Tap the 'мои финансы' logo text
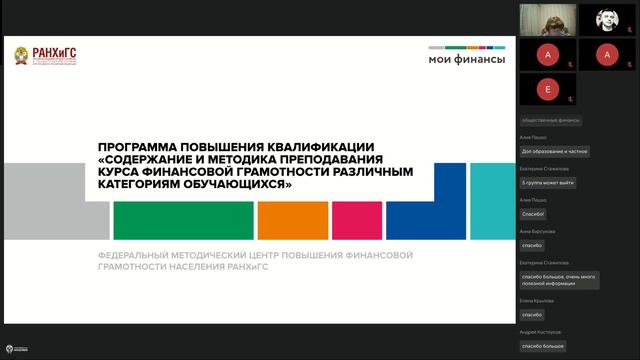467,58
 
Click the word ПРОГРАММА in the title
141,146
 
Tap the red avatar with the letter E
546,89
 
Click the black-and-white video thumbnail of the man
605,19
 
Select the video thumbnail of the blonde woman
546,19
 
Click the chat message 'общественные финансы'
551,121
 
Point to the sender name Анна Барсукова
537,231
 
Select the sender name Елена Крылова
536,300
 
